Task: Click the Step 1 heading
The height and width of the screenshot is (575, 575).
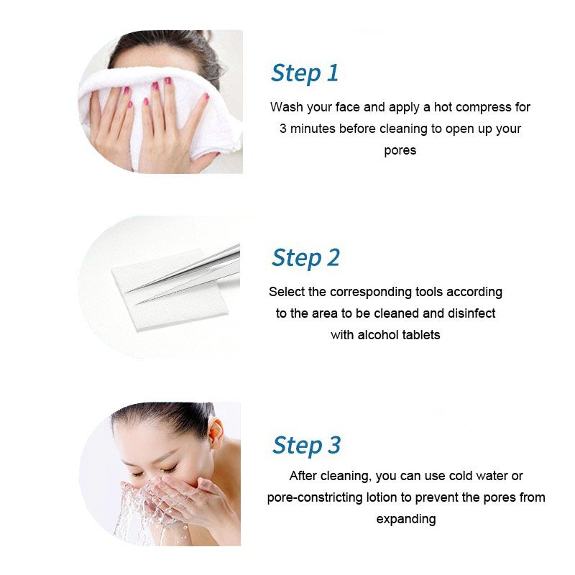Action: [x=304, y=74]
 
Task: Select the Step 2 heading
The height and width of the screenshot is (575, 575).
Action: [x=305, y=258]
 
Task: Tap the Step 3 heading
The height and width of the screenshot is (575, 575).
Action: [x=306, y=446]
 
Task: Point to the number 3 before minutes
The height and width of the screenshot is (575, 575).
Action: [x=282, y=129]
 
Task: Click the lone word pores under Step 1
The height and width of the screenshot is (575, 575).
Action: [x=400, y=151]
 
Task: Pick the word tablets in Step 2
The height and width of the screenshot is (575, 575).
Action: [x=421, y=335]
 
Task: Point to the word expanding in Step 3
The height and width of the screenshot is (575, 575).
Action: [x=406, y=520]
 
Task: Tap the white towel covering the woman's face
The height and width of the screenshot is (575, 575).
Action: [x=154, y=110]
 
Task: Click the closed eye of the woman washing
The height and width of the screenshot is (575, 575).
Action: [x=170, y=470]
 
